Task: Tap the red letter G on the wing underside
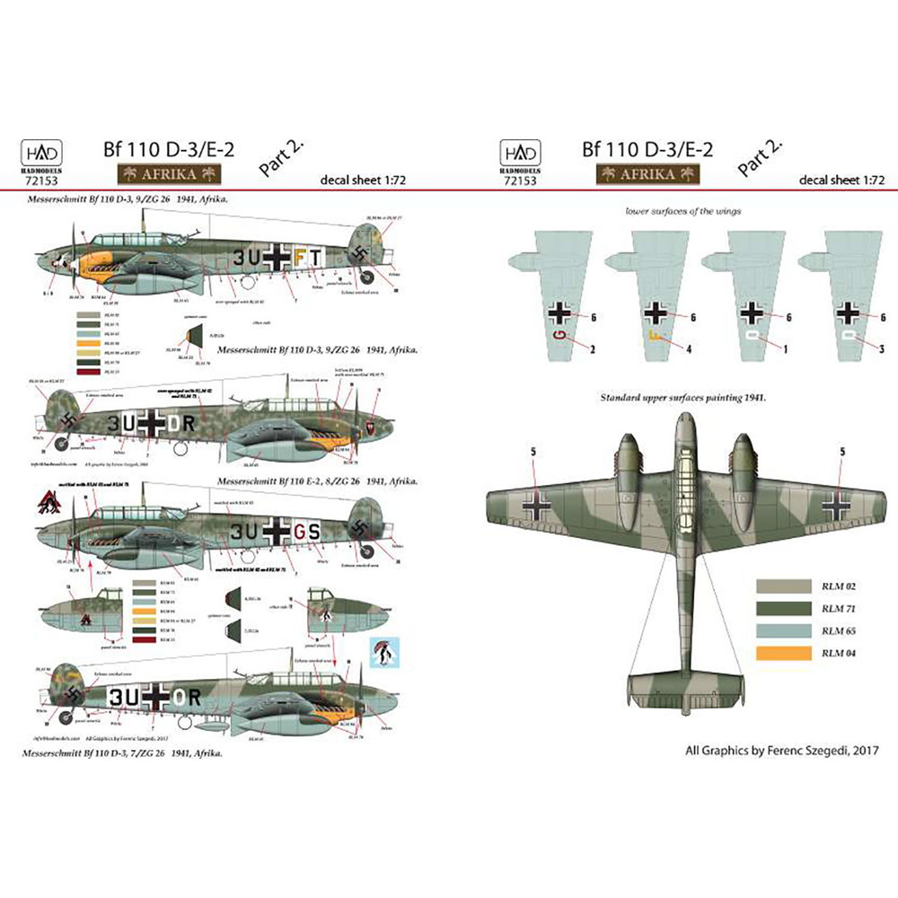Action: coord(561,337)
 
